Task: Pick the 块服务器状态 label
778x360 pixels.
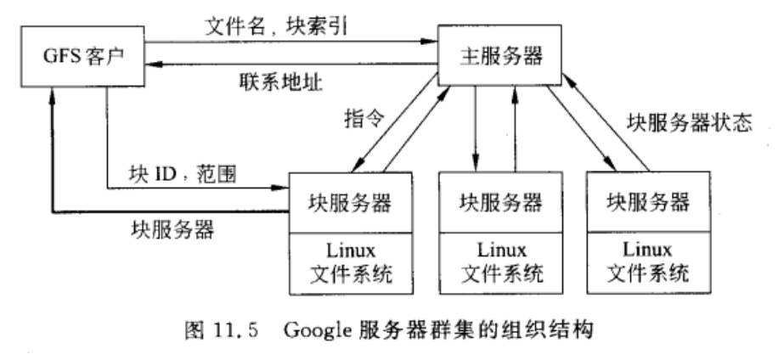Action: coord(689,121)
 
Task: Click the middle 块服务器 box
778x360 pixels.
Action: coord(500,201)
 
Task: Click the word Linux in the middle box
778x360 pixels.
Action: coord(500,251)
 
